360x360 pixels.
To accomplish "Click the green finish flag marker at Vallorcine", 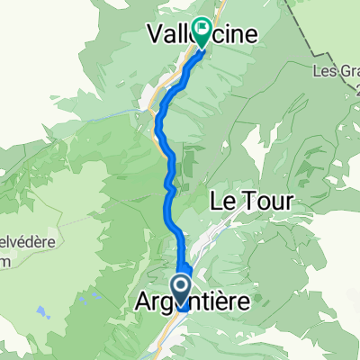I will coord(202,33).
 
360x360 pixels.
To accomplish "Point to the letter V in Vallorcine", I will coord(154,34).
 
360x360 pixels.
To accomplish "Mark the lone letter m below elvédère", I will coord(5,257).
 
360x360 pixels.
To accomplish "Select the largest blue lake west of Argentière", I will coord(41,313).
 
